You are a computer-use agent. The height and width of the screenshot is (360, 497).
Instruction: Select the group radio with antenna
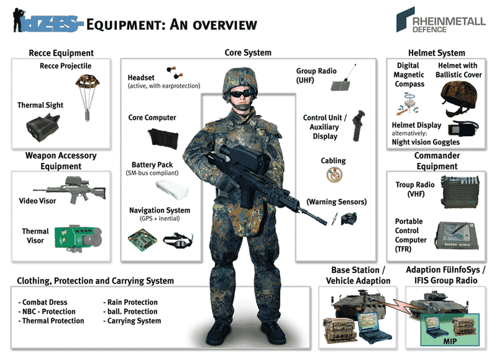point(342,84)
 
